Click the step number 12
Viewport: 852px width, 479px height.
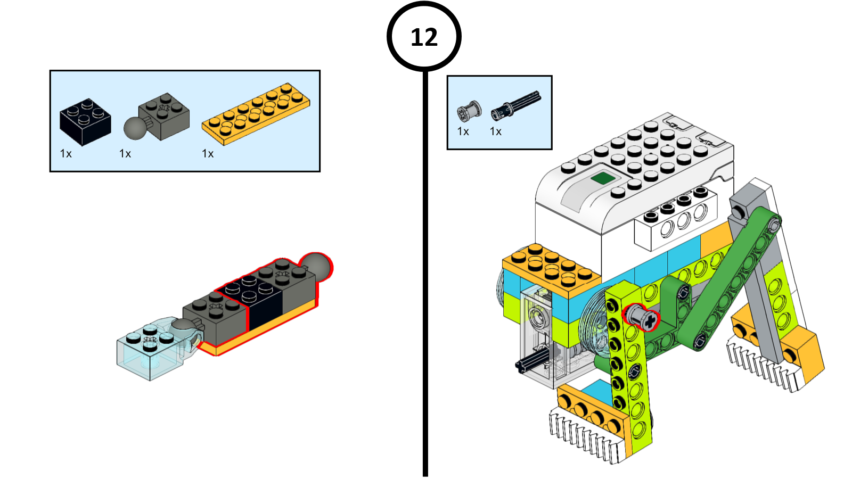coord(424,37)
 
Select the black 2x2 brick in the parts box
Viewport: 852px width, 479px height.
coord(85,122)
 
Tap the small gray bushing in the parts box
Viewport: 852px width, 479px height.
coord(469,110)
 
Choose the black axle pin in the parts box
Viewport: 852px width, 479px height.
coord(515,105)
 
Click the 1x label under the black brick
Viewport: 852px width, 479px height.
coord(65,154)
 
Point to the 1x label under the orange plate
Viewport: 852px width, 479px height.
coord(208,154)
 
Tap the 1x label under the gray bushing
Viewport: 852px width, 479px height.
coord(463,131)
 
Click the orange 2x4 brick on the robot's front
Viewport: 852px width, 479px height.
coord(551,269)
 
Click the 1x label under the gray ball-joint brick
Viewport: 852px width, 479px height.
coord(125,154)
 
